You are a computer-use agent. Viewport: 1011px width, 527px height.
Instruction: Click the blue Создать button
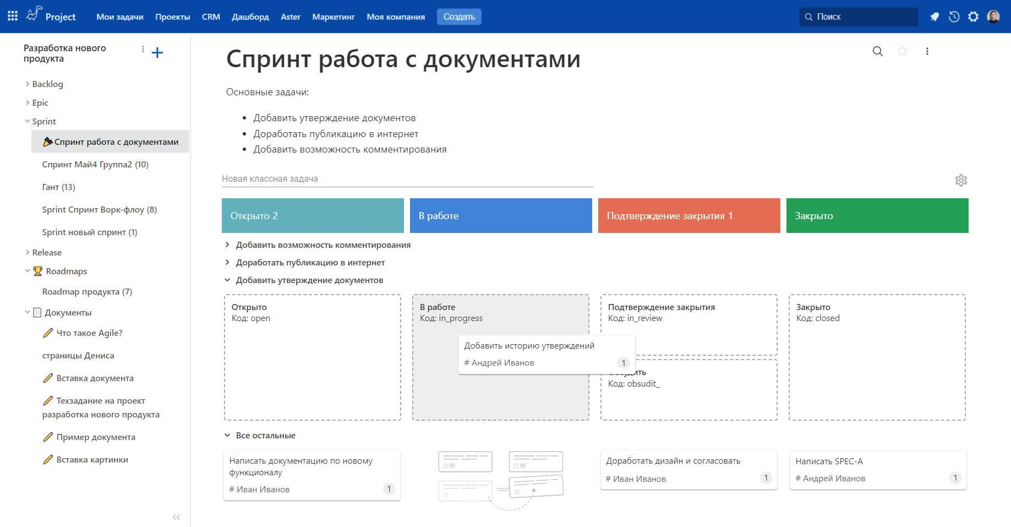pyautogui.click(x=459, y=17)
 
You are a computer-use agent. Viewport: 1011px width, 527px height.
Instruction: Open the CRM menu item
pyautogui.click(x=211, y=17)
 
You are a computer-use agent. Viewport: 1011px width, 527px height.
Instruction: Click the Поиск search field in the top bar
pyautogui.click(x=858, y=17)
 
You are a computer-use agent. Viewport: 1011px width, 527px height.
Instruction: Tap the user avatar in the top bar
pyautogui.click(x=993, y=17)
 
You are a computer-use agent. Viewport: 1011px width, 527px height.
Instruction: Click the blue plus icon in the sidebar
pyautogui.click(x=157, y=52)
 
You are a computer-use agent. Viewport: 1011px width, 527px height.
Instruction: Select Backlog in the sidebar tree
pyautogui.click(x=47, y=84)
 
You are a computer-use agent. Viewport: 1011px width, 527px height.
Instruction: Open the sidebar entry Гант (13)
pyautogui.click(x=58, y=187)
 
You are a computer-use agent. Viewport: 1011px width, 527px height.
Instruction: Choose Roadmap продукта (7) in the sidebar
pyautogui.click(x=87, y=291)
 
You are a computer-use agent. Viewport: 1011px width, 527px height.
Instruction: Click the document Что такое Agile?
pyautogui.click(x=89, y=333)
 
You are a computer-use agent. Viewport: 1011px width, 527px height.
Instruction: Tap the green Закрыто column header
pyautogui.click(x=877, y=215)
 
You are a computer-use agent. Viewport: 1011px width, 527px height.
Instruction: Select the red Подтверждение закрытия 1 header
pyautogui.click(x=689, y=215)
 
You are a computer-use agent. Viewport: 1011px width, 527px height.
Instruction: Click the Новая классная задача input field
pyautogui.click(x=407, y=178)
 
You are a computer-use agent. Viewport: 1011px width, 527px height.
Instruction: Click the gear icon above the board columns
pyautogui.click(x=961, y=180)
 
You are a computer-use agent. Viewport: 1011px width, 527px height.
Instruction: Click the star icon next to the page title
pyautogui.click(x=903, y=51)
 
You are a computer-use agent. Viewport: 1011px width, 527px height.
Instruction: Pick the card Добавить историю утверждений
pyautogui.click(x=547, y=354)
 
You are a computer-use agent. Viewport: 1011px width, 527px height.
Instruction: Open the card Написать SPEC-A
pyautogui.click(x=878, y=470)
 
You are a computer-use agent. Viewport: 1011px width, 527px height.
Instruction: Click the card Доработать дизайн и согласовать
pyautogui.click(x=689, y=470)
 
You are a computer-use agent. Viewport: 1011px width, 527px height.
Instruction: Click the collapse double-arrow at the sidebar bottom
pyautogui.click(x=176, y=517)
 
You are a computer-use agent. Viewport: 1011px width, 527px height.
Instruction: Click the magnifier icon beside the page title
pyautogui.click(x=878, y=51)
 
